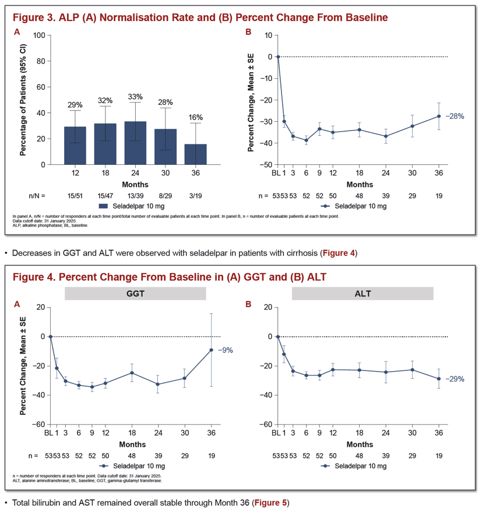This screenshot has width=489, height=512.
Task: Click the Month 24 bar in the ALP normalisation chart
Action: [135, 143]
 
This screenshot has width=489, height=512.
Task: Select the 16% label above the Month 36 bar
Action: [195, 117]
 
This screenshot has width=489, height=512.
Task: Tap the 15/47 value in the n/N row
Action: [105, 196]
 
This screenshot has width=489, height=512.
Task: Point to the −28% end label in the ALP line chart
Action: [455, 116]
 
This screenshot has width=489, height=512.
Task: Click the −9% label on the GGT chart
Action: [226, 351]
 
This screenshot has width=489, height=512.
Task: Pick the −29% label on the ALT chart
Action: [455, 379]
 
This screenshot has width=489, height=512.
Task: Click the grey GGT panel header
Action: [135, 294]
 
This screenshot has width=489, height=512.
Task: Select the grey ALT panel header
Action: [363, 294]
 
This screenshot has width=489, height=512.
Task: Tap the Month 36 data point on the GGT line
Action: [212, 350]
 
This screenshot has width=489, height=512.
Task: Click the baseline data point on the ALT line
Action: [278, 337]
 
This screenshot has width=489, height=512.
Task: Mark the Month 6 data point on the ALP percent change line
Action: [306, 140]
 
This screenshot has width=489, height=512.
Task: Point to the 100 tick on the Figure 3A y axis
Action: [39, 36]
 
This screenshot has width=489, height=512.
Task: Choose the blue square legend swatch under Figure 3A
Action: [103, 206]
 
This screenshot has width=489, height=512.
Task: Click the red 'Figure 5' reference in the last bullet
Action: [270, 503]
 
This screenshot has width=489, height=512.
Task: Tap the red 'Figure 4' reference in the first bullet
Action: [339, 253]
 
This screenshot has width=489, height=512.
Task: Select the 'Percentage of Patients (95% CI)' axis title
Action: [23, 100]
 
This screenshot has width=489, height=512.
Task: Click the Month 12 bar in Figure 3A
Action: [75, 146]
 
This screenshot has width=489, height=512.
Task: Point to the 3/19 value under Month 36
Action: [195, 196]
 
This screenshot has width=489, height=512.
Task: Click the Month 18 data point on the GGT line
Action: [132, 373]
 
